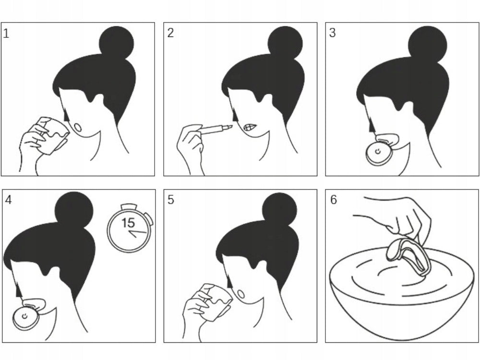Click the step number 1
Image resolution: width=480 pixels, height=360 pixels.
(x=6, y=34)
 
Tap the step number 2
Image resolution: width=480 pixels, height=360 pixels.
(x=170, y=33)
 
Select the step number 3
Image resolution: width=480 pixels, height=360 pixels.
(x=333, y=33)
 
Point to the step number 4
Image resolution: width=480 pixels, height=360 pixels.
(x=8, y=200)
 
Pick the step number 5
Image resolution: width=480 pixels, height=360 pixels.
(x=171, y=200)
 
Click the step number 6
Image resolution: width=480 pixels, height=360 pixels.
(x=334, y=200)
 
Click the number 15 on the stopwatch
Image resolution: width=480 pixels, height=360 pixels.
(x=128, y=223)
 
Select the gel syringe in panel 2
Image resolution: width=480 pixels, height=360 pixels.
(x=216, y=129)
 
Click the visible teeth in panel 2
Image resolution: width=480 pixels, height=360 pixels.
(x=249, y=127)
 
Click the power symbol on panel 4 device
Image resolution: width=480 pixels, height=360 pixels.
(x=25, y=316)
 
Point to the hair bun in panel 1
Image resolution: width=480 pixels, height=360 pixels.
(x=117, y=43)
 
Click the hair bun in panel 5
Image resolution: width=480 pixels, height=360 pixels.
(x=280, y=210)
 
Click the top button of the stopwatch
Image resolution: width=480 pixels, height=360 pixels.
(x=128, y=206)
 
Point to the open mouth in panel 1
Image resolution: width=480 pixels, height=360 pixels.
(x=78, y=127)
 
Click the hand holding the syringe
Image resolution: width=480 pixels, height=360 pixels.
(x=191, y=147)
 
